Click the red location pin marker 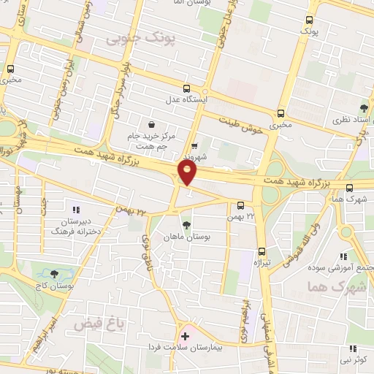click(188, 173)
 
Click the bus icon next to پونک click(310, 20)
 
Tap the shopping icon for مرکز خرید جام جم click(150, 124)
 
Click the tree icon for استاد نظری click(365, 108)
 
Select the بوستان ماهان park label click(188, 237)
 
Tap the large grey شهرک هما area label click(335, 286)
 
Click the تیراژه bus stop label click(262, 261)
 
